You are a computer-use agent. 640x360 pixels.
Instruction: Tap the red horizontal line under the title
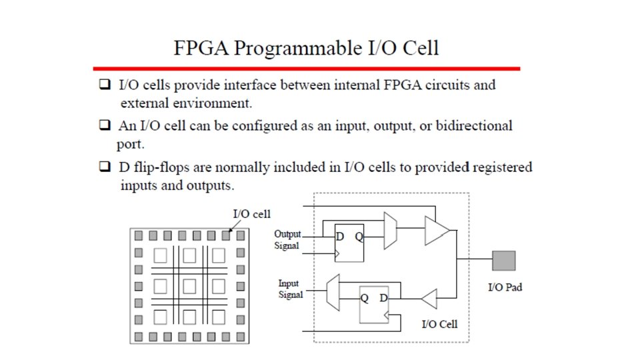point(306,68)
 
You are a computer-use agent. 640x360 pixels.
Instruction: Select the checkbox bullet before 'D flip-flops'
point(103,167)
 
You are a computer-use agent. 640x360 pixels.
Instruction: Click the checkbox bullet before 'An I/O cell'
point(103,125)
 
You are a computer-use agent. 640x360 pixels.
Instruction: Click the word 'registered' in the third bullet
point(493,167)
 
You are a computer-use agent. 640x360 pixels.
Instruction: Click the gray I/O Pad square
point(503,260)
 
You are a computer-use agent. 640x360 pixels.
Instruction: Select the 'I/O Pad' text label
point(505,288)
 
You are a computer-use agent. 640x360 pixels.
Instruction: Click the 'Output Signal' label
point(287,239)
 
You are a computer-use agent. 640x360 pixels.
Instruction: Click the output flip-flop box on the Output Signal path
point(349,241)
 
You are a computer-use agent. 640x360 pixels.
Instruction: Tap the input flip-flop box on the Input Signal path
point(373,303)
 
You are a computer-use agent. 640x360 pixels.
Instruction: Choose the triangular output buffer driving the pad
point(437,231)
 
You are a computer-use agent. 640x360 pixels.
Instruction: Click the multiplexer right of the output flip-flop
point(391,231)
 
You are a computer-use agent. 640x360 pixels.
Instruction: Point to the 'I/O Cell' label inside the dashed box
point(439,325)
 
